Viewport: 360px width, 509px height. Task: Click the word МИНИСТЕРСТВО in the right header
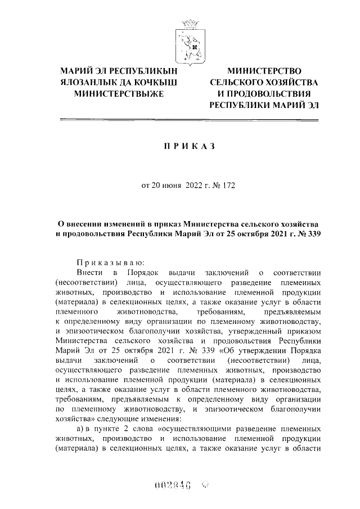click(x=264, y=71)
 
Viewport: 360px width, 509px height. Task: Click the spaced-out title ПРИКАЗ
click(x=189, y=146)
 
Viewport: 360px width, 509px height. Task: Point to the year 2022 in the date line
click(x=195, y=187)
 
